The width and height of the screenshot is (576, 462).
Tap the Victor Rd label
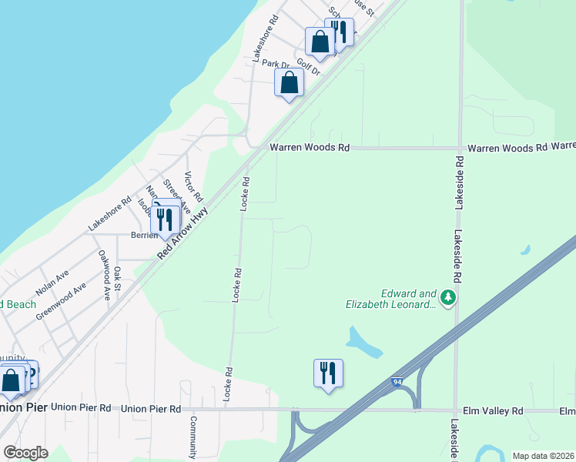tap(193, 186)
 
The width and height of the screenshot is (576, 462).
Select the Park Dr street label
tap(274, 64)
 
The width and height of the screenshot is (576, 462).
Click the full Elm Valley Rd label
tap(492, 410)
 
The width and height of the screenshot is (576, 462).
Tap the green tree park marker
tap(447, 296)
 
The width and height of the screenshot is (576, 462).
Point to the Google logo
tap(25, 453)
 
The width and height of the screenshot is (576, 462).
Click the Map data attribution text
tap(542, 456)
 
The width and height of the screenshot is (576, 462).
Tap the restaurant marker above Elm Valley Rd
tap(328, 373)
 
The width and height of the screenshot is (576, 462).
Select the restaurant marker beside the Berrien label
tap(166, 219)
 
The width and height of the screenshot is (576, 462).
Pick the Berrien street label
tap(143, 236)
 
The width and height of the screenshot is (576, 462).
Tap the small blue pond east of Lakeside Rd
tap(525, 250)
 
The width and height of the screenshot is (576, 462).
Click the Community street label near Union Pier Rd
tap(194, 436)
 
